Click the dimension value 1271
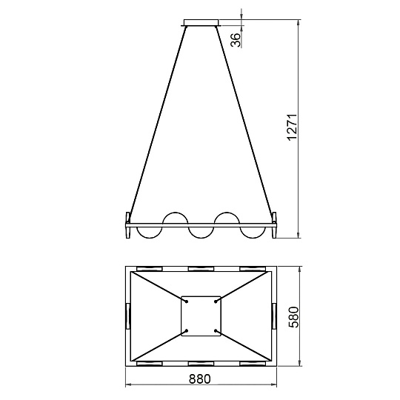pyautogui.click(x=292, y=127)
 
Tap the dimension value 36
pyautogui.click(x=236, y=40)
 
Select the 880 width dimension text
pyautogui.click(x=200, y=379)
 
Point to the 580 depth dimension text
pyautogui.click(x=293, y=317)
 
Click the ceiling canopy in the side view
pyautogui.click(x=201, y=22)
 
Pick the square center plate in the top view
pyautogui.click(x=201, y=316)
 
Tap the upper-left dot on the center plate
pyautogui.click(x=187, y=301)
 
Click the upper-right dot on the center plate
pyautogui.click(x=216, y=301)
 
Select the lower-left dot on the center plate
pyautogui.click(x=187, y=330)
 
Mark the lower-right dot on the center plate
pyautogui.click(x=216, y=330)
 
